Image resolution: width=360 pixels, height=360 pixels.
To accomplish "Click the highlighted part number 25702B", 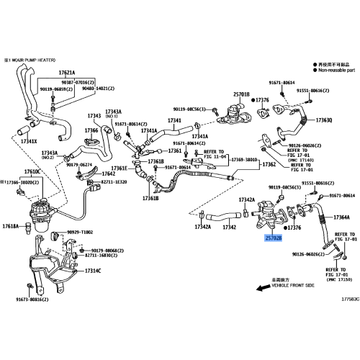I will tap(273, 237).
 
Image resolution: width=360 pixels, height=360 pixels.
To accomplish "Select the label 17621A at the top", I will tap(66, 73).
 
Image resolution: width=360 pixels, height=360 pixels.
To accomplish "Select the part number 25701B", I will tap(240, 94).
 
